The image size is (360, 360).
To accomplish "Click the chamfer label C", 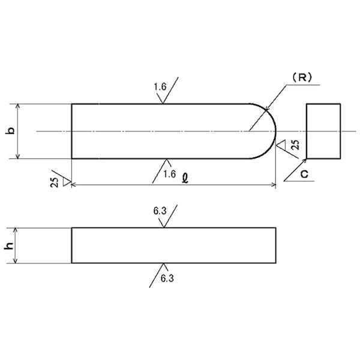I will (x=304, y=174).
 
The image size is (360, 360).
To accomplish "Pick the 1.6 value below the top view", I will (x=169, y=173).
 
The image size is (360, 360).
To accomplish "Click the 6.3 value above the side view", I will (x=160, y=211).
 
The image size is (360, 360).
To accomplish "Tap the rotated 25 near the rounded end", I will (x=294, y=145).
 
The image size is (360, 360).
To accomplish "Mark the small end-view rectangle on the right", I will (x=323, y=131).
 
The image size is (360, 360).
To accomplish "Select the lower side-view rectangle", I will (x=173, y=245).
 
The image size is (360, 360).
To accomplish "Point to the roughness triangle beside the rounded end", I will (x=280, y=145).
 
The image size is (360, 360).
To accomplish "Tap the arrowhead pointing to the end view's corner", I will (x=304, y=161).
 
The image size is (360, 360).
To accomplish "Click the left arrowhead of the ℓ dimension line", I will (x=74, y=185).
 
